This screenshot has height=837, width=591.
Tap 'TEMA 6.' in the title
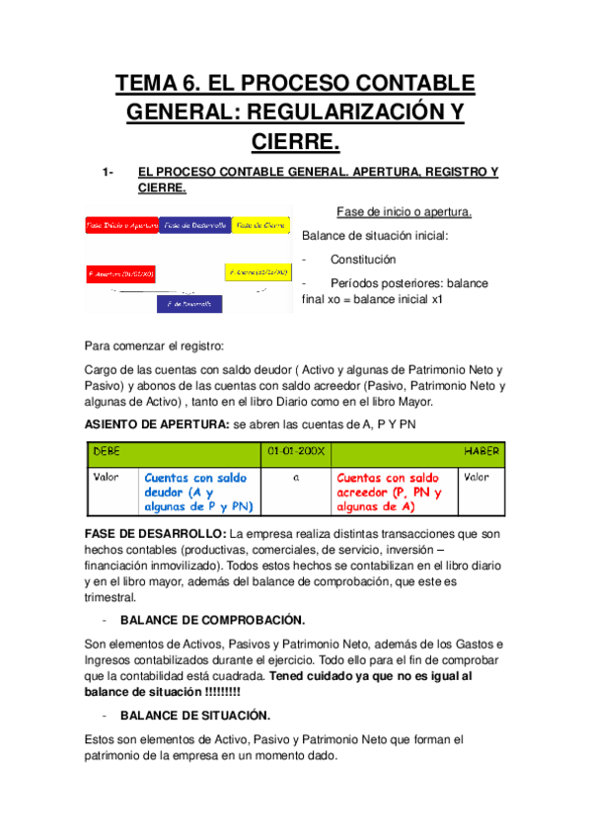pos(158,83)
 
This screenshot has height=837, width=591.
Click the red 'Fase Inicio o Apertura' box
pos(121,225)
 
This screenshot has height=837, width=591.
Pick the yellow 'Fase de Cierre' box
pos(262,225)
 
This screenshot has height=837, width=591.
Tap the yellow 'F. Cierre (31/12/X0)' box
pos(259,271)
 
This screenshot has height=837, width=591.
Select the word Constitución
pos(363,260)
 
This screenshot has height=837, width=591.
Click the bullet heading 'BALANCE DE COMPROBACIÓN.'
pos(212,620)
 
